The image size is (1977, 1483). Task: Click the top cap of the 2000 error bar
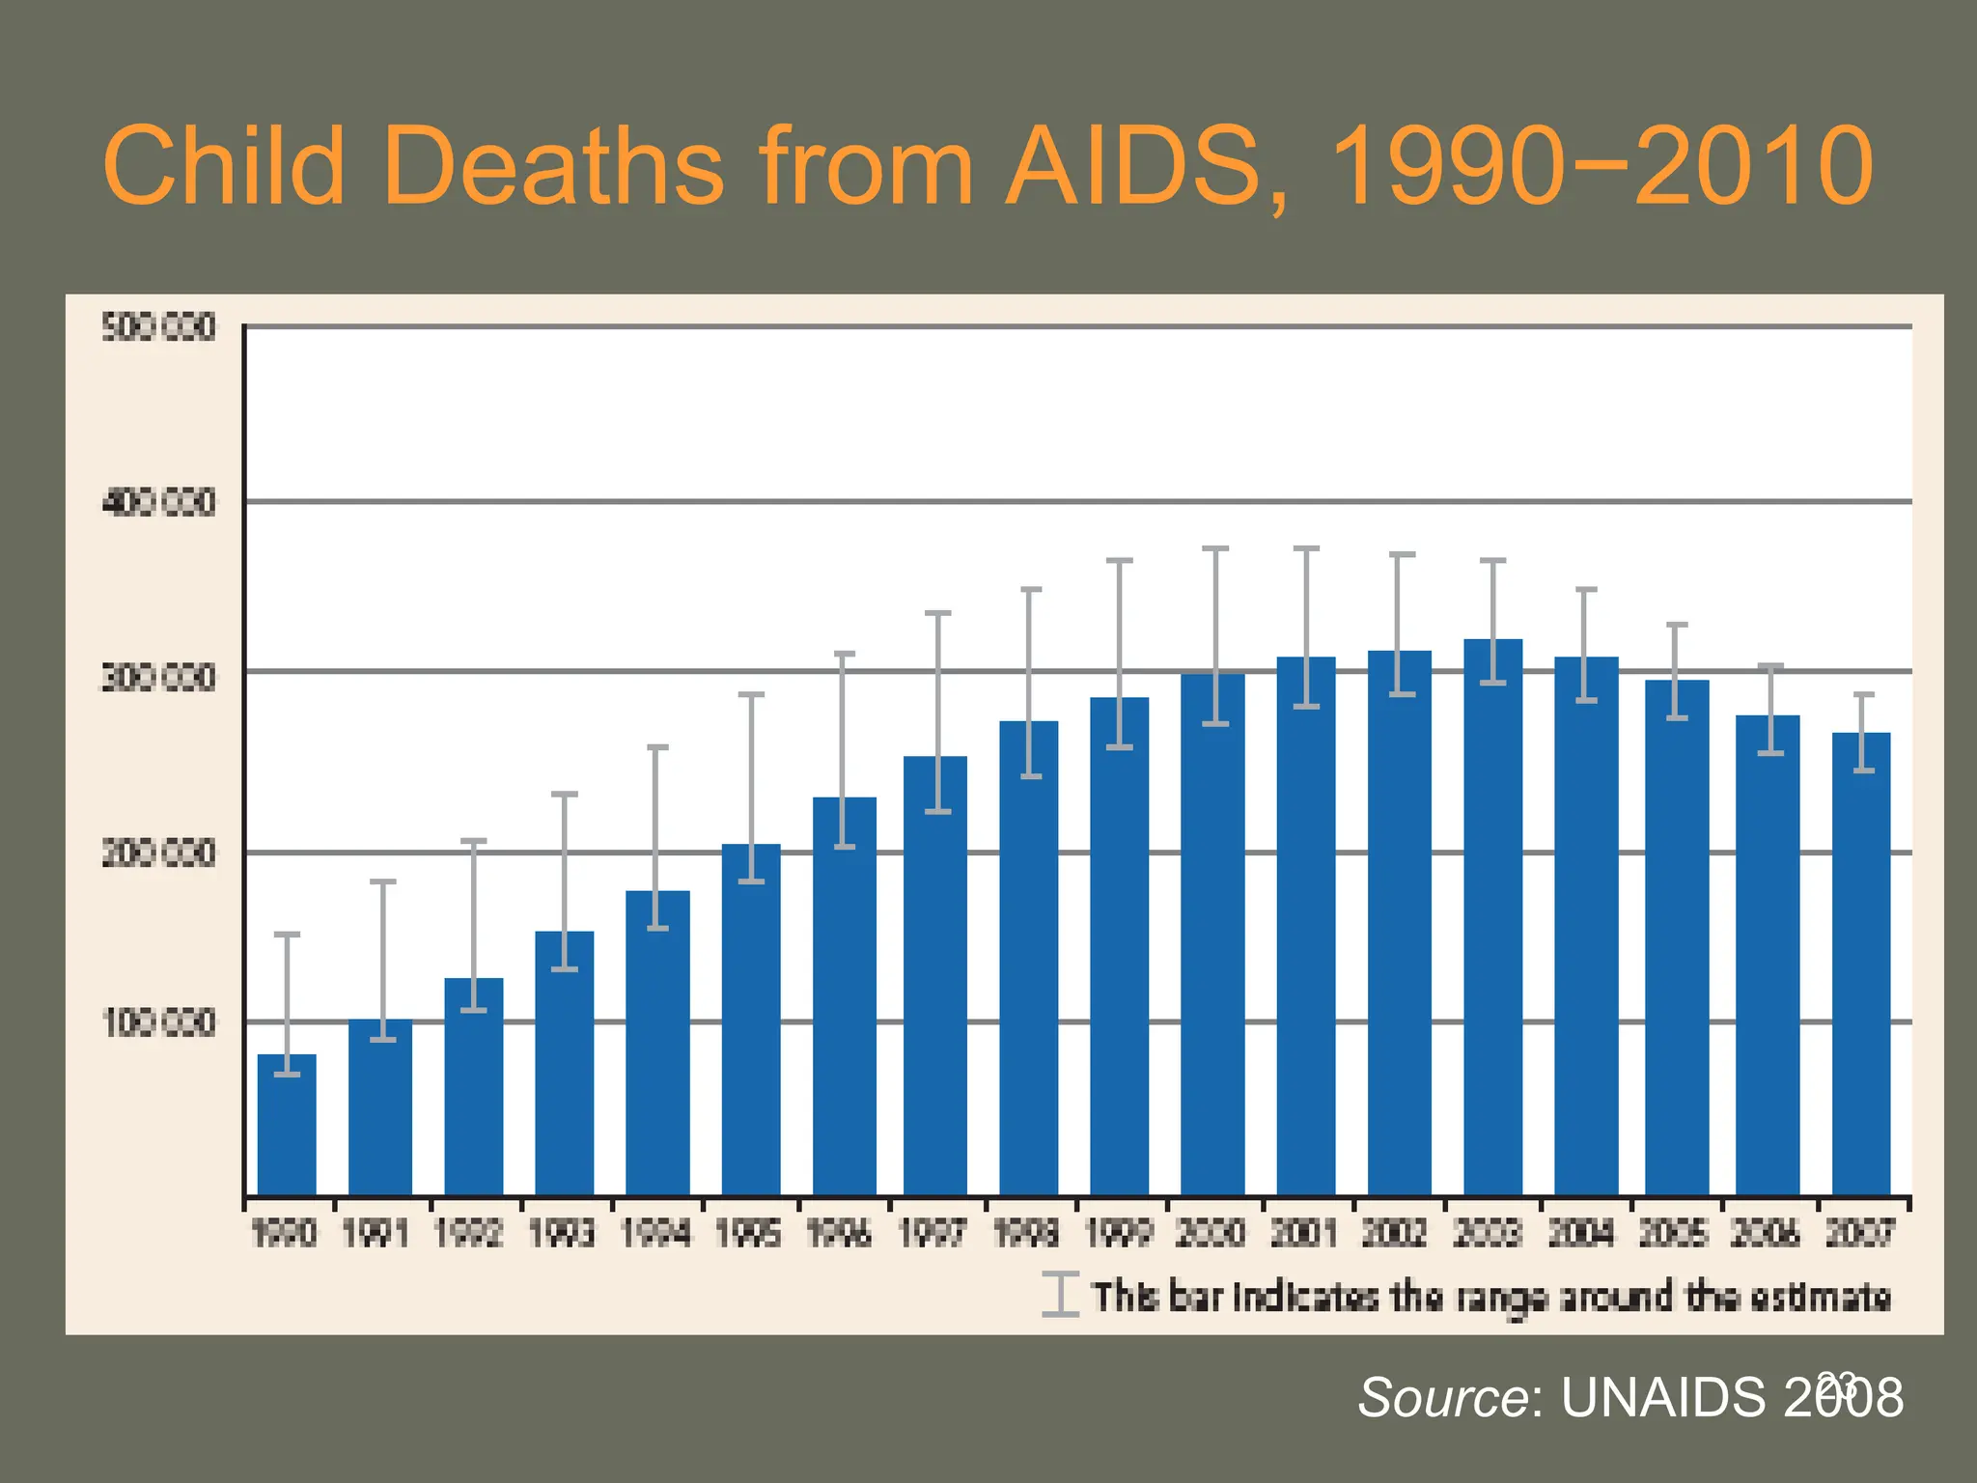click(x=1215, y=548)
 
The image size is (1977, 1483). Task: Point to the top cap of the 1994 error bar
click(x=656, y=747)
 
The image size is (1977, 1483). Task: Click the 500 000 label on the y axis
click(x=158, y=328)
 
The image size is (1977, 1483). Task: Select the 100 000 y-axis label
click(x=158, y=1022)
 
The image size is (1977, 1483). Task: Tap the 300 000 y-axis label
click(x=158, y=678)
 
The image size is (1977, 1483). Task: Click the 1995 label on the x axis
click(x=748, y=1233)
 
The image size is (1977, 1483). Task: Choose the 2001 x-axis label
click(x=1303, y=1233)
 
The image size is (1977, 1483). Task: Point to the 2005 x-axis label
click(x=1674, y=1233)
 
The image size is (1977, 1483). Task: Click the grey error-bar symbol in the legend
click(x=1060, y=1295)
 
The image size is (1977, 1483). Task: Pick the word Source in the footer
click(x=1442, y=1397)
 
